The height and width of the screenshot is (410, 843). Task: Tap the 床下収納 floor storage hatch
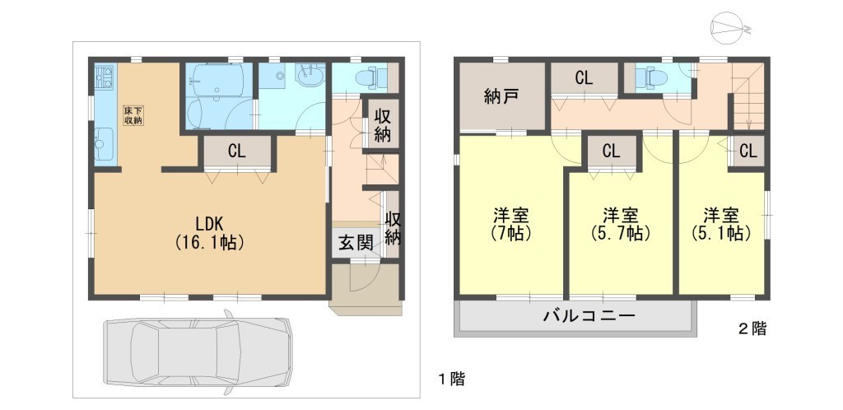coord(134,115)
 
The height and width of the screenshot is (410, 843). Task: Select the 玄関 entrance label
coord(356,244)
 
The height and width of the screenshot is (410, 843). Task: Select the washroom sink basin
coord(309,75)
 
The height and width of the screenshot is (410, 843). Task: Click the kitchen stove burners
coord(105,77)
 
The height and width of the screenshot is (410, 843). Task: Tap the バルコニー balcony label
coord(589,314)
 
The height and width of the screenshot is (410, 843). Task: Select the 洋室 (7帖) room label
coord(511,225)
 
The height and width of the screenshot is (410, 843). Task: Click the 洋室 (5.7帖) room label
coord(621,225)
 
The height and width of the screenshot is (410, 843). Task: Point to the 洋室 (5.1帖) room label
coord(721,225)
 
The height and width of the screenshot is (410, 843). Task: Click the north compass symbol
coord(727,29)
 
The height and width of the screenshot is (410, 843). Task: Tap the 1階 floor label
coord(450,380)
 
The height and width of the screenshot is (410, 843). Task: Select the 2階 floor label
coord(752,328)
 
